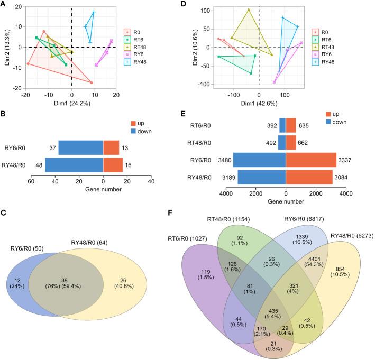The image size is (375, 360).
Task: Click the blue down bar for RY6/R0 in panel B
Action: (80, 147)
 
